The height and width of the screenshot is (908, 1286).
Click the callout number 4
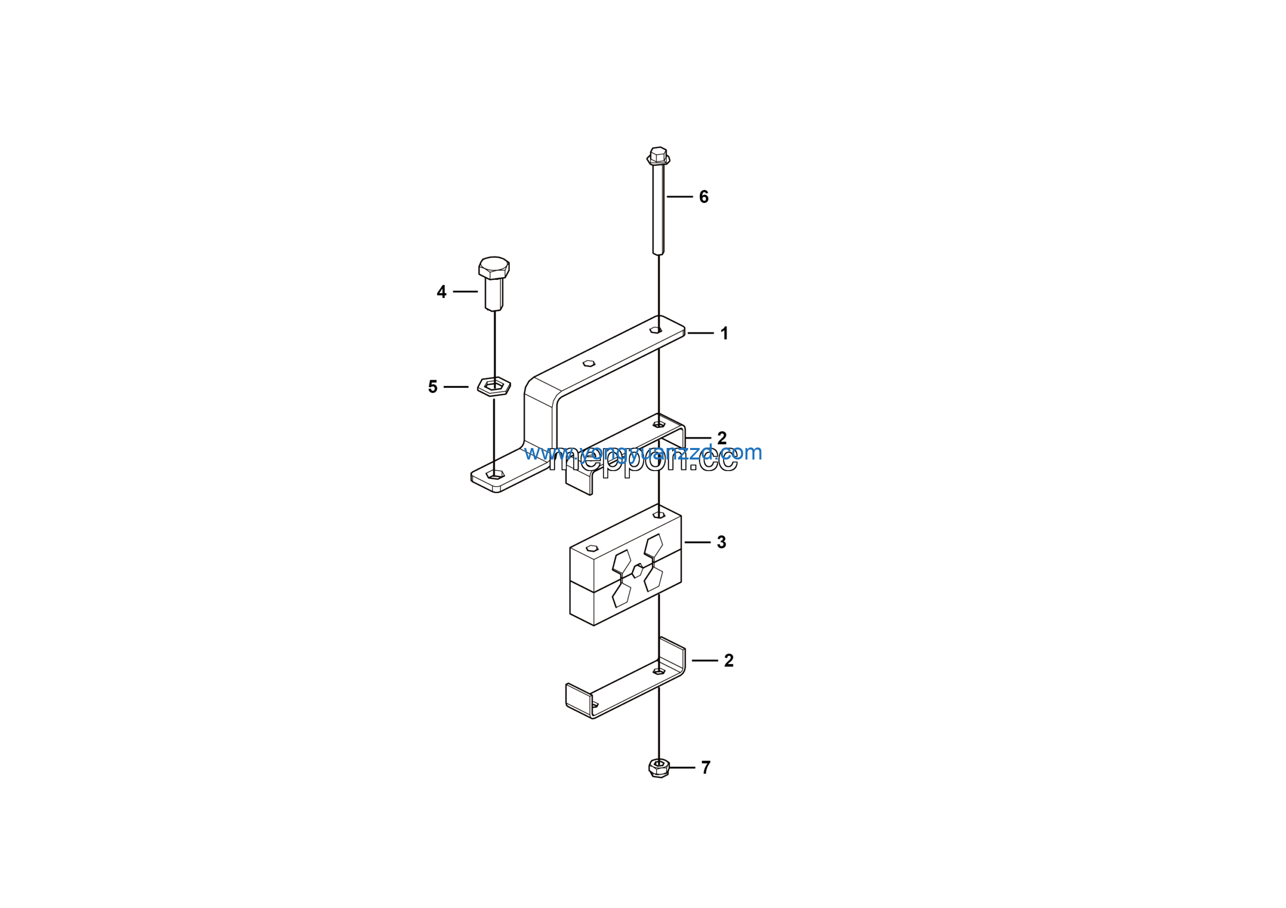442,292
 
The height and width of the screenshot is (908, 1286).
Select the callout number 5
433,387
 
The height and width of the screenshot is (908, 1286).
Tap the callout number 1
724,333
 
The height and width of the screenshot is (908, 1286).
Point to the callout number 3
721,542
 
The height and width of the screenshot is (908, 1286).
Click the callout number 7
706,767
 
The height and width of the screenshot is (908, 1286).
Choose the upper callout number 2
721,438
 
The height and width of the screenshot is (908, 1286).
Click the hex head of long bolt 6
658,155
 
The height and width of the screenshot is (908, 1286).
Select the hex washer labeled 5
493,386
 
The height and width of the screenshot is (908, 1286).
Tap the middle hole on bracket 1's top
588,363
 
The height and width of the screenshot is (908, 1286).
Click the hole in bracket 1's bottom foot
495,474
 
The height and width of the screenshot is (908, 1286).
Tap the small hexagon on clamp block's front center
637,571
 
